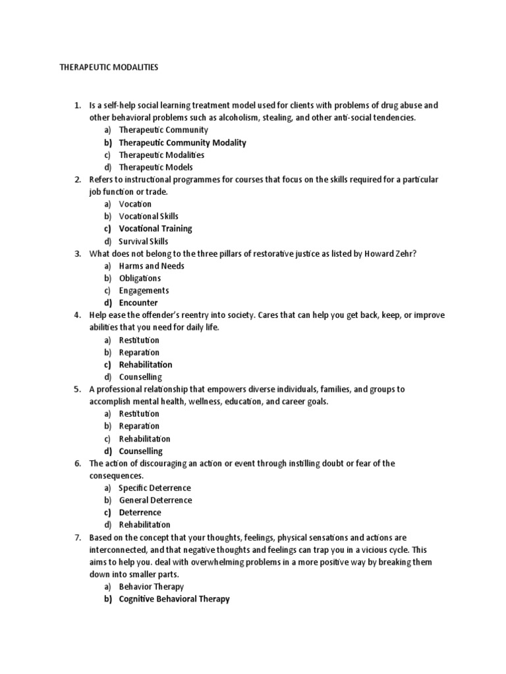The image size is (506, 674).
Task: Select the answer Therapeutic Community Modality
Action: click(x=183, y=143)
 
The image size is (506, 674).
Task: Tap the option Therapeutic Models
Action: click(x=155, y=167)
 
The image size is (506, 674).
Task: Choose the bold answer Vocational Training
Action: click(x=155, y=229)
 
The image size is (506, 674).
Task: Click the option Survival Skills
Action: click(x=144, y=241)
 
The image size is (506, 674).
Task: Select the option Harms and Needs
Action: click(x=152, y=266)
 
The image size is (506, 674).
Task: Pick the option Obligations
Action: click(x=140, y=278)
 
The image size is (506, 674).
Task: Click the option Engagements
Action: click(x=144, y=290)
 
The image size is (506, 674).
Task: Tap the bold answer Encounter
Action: click(x=138, y=303)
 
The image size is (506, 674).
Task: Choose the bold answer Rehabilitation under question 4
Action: click(x=146, y=365)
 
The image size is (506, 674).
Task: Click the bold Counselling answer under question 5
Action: click(x=140, y=452)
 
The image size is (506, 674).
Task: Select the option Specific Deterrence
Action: click(x=155, y=488)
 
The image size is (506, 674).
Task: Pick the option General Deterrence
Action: click(x=155, y=500)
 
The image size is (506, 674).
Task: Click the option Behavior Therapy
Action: click(x=152, y=586)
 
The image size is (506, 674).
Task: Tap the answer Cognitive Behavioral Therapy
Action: click(x=174, y=599)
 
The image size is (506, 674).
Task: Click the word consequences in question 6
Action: click(x=116, y=476)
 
